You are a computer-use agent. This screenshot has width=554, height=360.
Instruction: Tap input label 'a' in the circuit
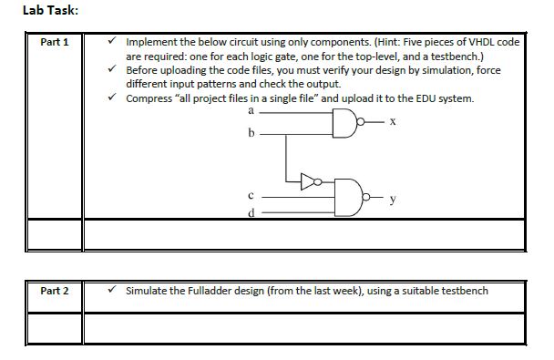(x=250, y=109)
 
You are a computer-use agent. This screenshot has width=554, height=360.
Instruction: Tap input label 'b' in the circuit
(x=250, y=133)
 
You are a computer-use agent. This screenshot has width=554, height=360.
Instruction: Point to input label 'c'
(x=250, y=194)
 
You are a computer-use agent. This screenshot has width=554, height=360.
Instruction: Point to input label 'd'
(x=250, y=213)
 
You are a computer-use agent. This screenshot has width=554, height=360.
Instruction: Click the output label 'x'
(x=389, y=121)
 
